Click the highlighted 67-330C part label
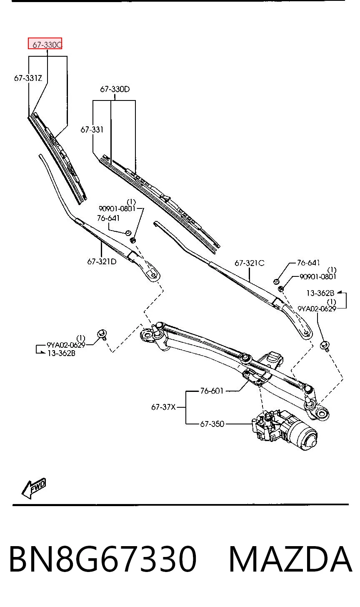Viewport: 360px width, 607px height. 45,44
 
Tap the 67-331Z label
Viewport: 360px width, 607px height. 28,78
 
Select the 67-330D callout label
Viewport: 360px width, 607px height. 115,89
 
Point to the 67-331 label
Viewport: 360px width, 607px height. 92,130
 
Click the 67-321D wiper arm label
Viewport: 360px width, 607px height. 102,261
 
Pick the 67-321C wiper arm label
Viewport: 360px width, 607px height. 250,263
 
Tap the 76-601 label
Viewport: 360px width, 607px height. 212,391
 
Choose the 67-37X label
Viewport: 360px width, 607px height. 163,407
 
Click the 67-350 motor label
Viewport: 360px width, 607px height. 212,424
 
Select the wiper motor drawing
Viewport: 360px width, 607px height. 285,428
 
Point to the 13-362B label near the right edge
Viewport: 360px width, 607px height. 320,293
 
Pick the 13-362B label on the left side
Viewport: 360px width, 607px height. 62,353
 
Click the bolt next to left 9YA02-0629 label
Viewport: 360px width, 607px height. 102,334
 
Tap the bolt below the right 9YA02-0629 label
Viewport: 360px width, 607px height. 324,346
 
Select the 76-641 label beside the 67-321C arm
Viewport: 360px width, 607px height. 308,263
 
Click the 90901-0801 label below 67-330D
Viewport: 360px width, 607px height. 117,208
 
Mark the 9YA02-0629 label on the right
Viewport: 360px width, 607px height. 317,309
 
